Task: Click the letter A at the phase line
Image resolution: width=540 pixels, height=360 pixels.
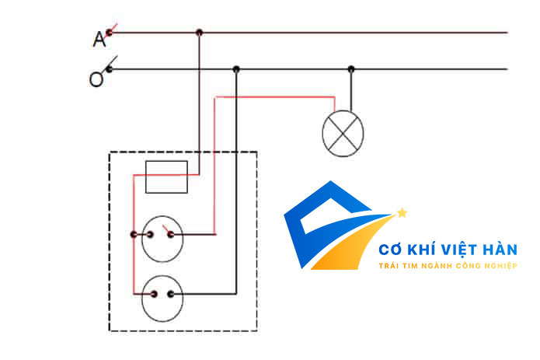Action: (x=99, y=39)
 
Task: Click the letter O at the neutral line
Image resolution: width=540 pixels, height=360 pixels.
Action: (x=96, y=79)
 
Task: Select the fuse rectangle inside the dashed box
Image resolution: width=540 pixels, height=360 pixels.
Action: (x=167, y=177)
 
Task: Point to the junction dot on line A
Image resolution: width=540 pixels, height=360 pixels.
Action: (x=199, y=33)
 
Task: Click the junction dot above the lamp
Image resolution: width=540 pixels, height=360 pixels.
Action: (x=351, y=69)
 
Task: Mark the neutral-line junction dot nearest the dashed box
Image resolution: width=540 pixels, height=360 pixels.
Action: (x=236, y=69)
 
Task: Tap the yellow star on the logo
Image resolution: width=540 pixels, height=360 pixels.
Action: (x=402, y=211)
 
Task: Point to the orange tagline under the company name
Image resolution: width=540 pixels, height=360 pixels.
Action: (x=447, y=266)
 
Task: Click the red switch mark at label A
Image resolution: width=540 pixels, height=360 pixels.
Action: (x=113, y=30)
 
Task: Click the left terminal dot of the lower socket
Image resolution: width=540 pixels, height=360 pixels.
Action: (x=153, y=295)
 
